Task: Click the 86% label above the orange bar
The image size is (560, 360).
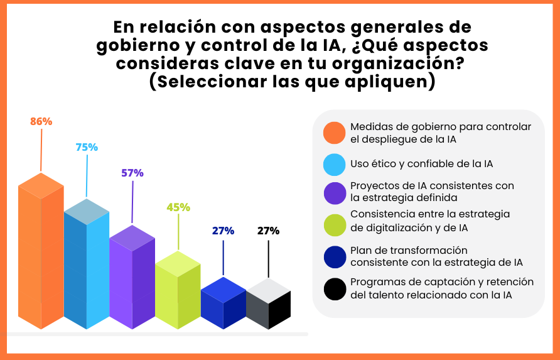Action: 41,121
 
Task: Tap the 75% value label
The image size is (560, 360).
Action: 87,147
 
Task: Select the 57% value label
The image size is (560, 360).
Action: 132,173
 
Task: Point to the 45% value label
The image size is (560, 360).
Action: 178,207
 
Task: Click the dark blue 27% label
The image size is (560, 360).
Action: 223,231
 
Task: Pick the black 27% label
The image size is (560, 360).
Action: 268,231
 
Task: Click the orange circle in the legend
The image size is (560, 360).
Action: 334,133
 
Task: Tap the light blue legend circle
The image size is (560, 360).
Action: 334,164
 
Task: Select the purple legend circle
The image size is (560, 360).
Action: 334,192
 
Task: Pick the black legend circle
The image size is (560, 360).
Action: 334,288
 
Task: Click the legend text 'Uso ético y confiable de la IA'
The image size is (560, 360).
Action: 422,164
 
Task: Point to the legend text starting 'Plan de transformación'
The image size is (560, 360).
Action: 436,256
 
